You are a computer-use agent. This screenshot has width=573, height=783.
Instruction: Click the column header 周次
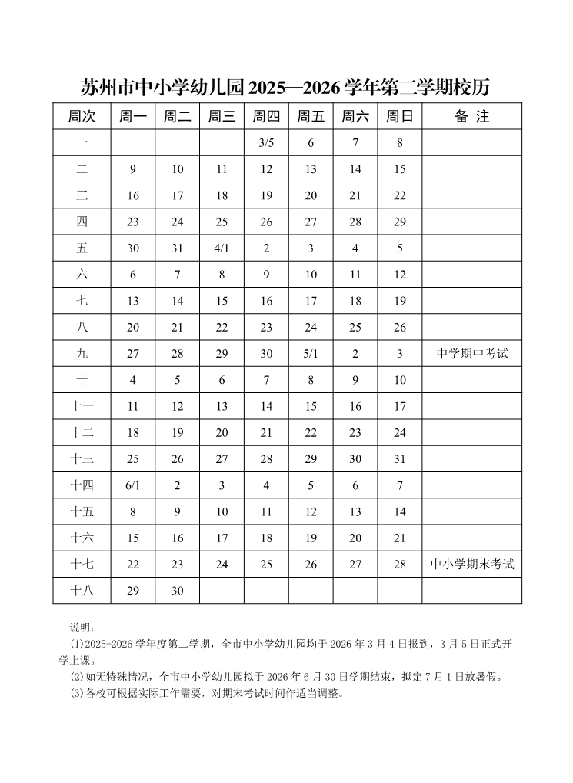pos(82,117)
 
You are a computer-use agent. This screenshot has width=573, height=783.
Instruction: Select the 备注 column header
pos(471,117)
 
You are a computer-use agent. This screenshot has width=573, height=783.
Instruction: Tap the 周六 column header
pos(355,117)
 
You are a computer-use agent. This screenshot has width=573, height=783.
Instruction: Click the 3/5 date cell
pos(266,143)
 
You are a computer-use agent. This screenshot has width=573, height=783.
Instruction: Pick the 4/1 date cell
pos(222,248)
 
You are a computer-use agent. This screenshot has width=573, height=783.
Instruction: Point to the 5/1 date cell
pos(311,354)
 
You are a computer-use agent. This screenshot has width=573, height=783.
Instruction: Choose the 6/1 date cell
pos(133,485)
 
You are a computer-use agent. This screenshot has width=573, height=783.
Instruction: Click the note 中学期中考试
pos(471,354)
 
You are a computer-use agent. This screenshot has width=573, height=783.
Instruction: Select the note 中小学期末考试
pos(471,565)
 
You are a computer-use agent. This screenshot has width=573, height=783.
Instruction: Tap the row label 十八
pos(82,591)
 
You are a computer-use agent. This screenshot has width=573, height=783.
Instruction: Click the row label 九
pos(82,354)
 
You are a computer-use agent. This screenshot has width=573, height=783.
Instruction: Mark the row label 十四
pos(82,485)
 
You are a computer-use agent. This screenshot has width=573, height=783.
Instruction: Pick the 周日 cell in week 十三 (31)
pos(400,459)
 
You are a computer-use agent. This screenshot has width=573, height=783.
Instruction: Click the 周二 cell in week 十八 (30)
pos(178,591)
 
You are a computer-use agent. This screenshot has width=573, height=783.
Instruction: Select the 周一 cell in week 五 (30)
pos(133,248)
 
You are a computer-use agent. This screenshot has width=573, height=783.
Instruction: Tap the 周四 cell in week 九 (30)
pos(266,354)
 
